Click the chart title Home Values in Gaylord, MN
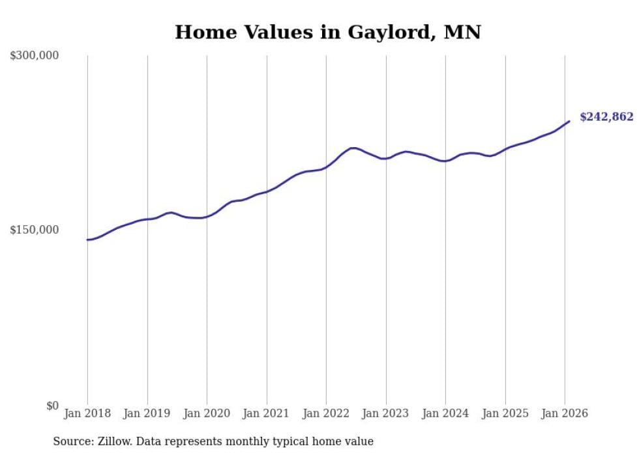click(x=327, y=32)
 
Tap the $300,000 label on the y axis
click(x=35, y=55)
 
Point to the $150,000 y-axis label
click(x=35, y=230)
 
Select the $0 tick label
click(x=52, y=406)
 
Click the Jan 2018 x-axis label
click(x=87, y=413)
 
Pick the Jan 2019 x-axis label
click(x=147, y=413)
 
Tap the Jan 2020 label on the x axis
click(x=207, y=413)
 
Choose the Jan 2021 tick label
click(x=267, y=413)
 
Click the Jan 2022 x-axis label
click(x=326, y=413)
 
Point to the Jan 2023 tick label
click(x=386, y=413)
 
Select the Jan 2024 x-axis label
click(x=445, y=413)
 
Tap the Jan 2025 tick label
click(x=505, y=413)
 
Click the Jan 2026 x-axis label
click(x=565, y=413)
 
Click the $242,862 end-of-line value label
click(x=606, y=117)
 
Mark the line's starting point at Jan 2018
click(x=87, y=240)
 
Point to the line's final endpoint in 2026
click(x=569, y=121)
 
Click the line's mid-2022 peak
click(x=353, y=148)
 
